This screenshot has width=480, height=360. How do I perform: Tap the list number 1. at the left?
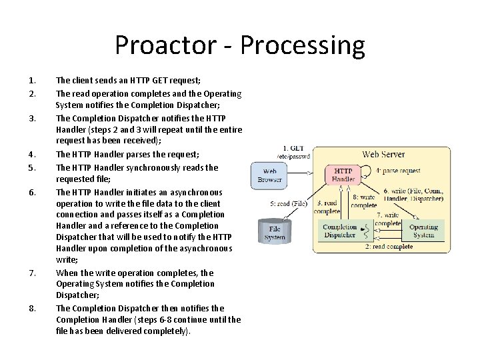pyautogui.click(x=31, y=81)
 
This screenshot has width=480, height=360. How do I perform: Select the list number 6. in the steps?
pyautogui.click(x=32, y=192)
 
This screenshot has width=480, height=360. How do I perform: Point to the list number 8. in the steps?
pyautogui.click(x=32, y=308)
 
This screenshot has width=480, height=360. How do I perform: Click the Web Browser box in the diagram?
pyautogui.click(x=270, y=175)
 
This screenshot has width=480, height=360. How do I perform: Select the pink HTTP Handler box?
pyautogui.click(x=343, y=174)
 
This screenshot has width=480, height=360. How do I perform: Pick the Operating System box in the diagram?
pyautogui.click(x=423, y=231)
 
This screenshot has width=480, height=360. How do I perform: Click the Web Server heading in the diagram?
pyautogui.click(x=383, y=155)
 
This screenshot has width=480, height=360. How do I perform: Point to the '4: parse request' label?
pyautogui.click(x=398, y=171)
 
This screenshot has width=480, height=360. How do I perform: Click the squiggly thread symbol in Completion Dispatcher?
pyautogui.click(x=365, y=231)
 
